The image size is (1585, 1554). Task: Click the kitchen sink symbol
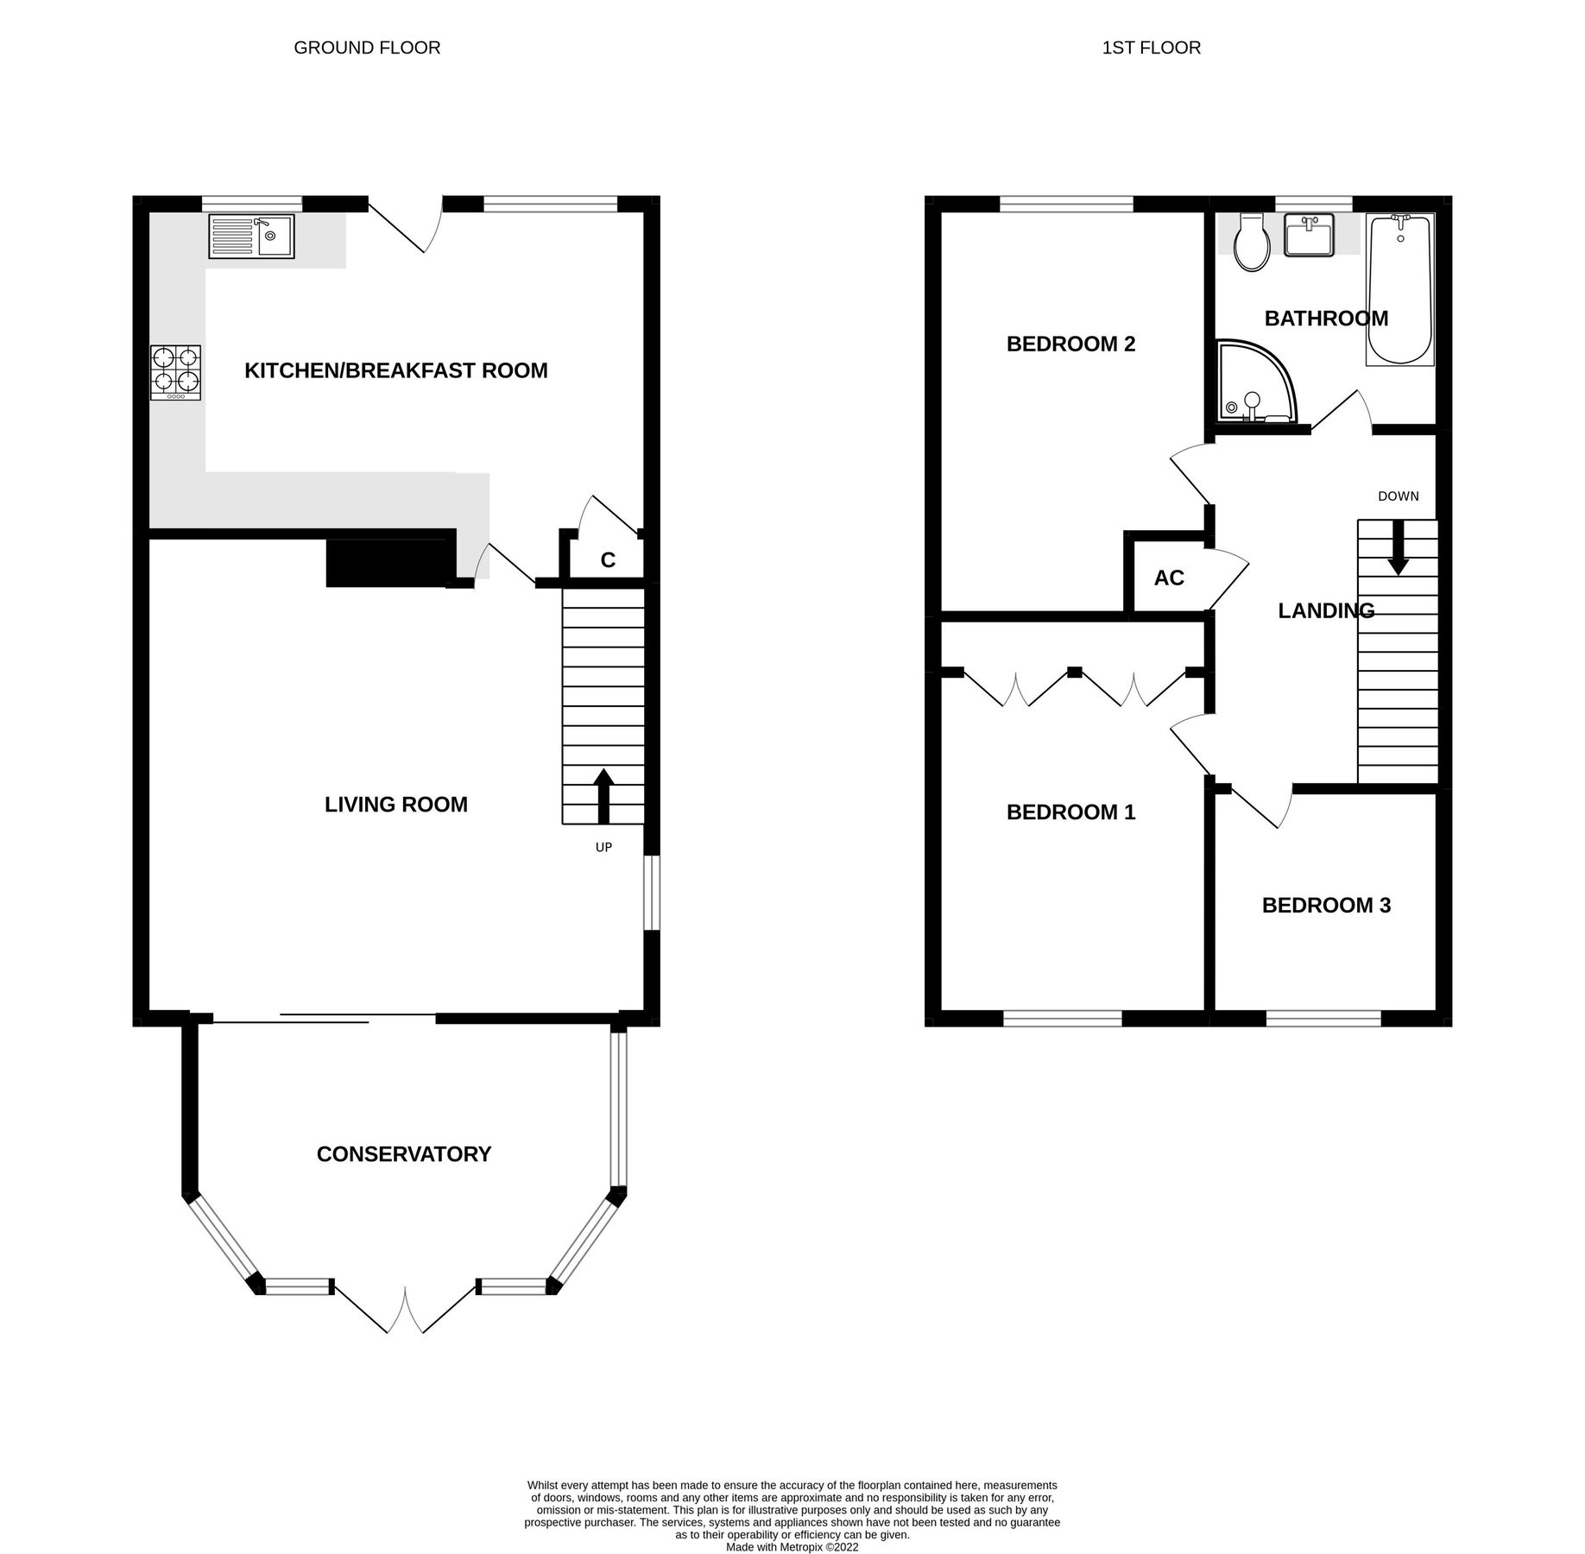point(251,236)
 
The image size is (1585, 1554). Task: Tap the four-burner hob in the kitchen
point(175,372)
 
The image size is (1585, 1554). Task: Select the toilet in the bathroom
point(1252,243)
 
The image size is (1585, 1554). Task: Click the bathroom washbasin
point(1309,236)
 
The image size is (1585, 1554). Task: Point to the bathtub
point(1399,288)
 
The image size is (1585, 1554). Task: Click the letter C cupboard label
point(608,560)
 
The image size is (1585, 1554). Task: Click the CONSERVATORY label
point(403,1154)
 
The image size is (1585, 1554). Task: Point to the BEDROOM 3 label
point(1326,906)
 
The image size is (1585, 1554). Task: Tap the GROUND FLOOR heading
point(367,47)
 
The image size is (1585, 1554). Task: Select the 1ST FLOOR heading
point(1151,47)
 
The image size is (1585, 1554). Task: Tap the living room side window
point(654,893)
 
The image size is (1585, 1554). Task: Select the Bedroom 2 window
point(1066,204)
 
